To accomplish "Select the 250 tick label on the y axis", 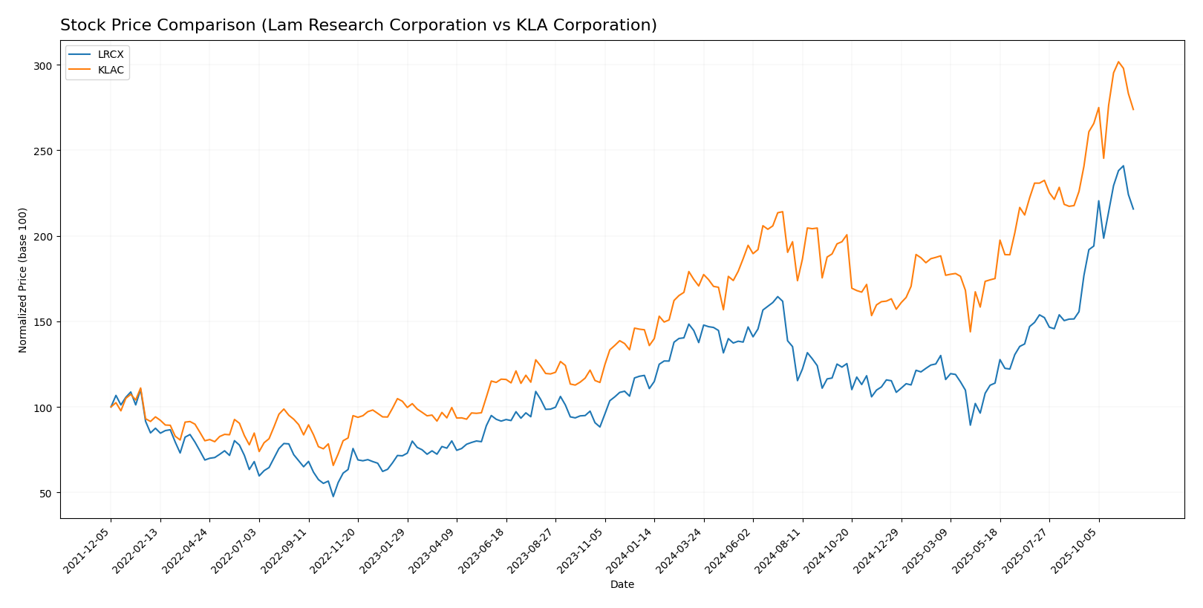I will tap(43, 151).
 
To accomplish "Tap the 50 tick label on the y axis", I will tap(46, 494).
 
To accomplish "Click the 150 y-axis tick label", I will tap(43, 322).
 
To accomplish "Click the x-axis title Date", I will tap(622, 585).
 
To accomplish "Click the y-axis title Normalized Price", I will tap(23, 280).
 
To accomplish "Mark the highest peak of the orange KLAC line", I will tap(1118, 62).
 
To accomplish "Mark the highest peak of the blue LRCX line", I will tap(1124, 166).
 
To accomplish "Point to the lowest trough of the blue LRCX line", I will tap(333, 496).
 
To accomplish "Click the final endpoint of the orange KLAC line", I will tap(1133, 110).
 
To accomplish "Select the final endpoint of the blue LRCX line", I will tap(1133, 209).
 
